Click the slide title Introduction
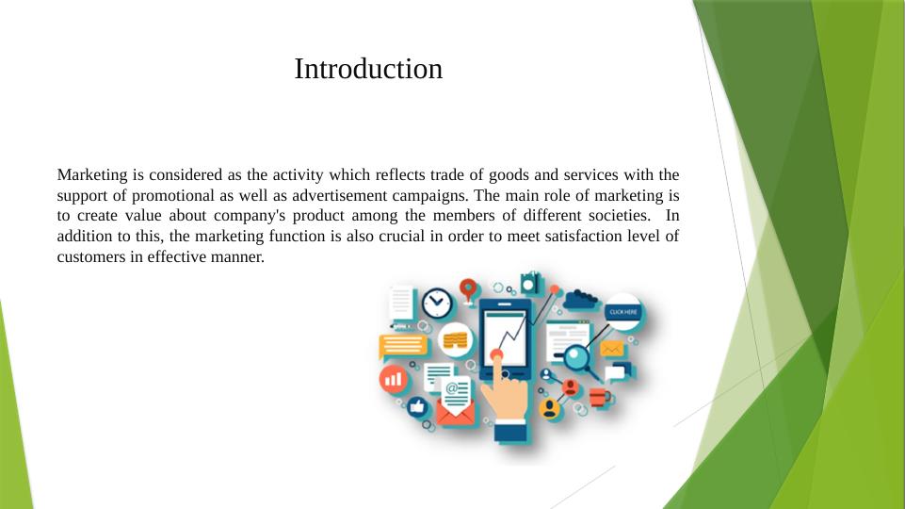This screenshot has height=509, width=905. pos(368,69)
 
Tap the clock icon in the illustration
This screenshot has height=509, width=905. pos(436,303)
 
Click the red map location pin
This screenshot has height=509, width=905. pos(468,287)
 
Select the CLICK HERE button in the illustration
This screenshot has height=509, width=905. pos(623,312)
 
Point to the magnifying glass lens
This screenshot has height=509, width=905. pos(576,358)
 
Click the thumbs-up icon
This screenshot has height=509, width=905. pos(417,407)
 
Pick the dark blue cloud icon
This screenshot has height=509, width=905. pos(581,299)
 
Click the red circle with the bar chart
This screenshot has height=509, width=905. pos(393,380)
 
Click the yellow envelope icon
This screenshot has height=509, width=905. pos(613,350)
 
